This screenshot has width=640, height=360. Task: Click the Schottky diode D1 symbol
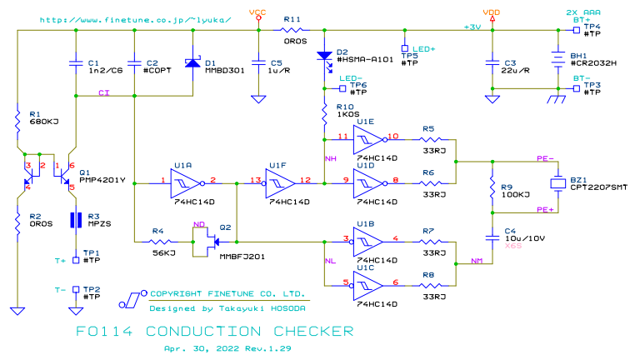[192, 63]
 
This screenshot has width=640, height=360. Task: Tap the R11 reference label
[292, 17]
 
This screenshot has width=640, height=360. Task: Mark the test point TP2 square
[76, 290]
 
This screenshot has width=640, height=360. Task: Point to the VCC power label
[258, 12]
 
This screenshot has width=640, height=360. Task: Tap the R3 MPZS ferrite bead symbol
[76, 220]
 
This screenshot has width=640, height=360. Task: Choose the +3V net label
[472, 27]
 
